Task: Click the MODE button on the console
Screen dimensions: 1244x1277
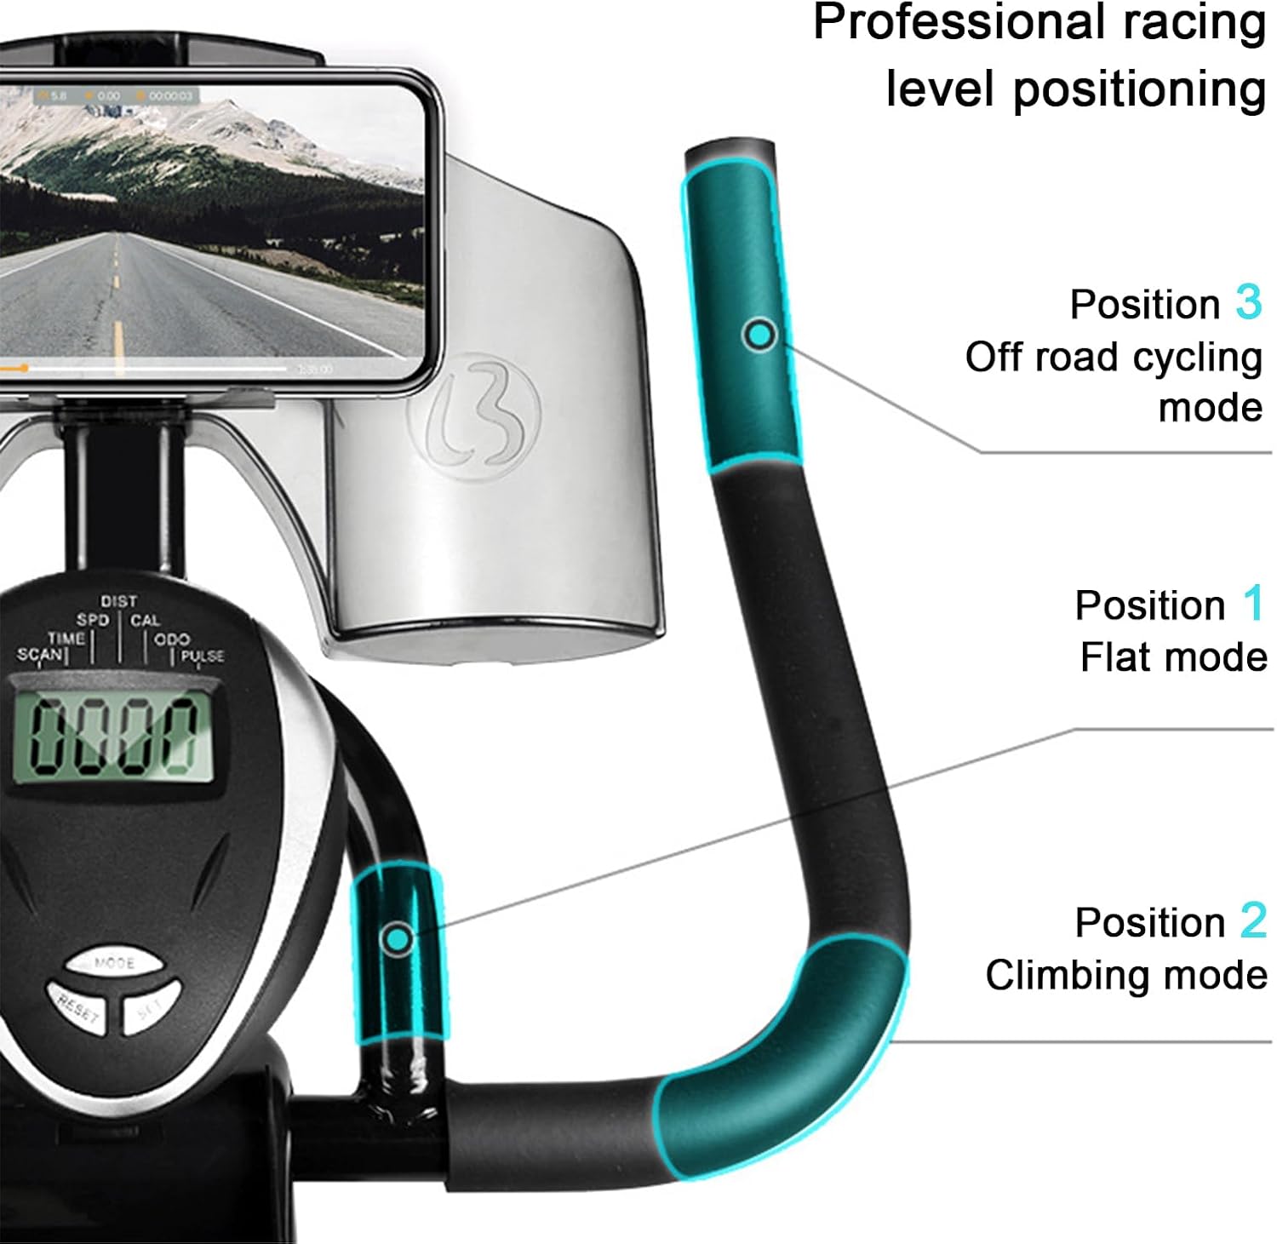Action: tap(113, 963)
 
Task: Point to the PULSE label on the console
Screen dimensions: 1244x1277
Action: tap(202, 656)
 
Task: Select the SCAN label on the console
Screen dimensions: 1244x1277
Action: tap(40, 655)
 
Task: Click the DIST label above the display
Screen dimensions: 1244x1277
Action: tap(118, 602)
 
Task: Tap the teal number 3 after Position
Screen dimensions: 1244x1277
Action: tap(1248, 303)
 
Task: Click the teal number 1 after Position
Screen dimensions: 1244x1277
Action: tap(1252, 605)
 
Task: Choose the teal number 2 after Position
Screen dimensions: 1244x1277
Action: tap(1253, 921)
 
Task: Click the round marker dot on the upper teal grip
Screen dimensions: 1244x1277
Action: tap(759, 334)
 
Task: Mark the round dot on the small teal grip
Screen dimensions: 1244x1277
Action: tap(398, 938)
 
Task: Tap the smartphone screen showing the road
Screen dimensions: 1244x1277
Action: tap(213, 230)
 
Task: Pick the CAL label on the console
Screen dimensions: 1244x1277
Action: tap(145, 621)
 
